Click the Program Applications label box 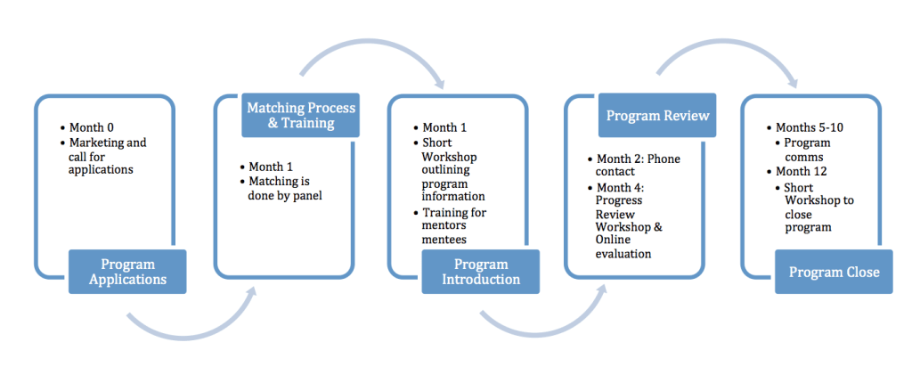127,272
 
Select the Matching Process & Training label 300,115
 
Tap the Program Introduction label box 480,272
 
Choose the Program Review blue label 656,115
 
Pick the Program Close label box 833,272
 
